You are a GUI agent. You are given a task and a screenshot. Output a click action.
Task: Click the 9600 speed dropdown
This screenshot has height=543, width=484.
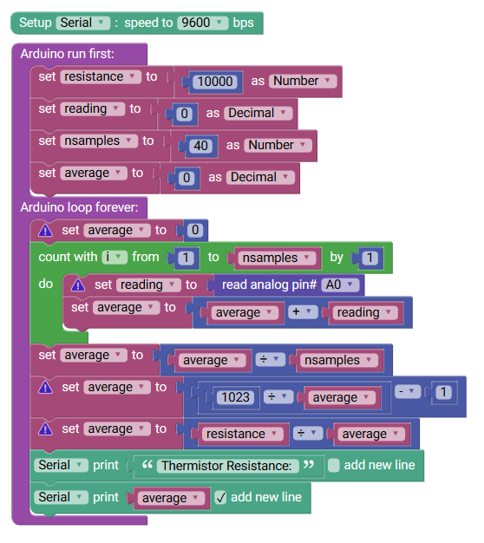202,23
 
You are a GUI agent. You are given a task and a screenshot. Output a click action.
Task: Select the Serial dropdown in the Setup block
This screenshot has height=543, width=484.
83,23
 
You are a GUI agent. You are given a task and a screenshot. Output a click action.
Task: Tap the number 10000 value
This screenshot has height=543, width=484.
215,82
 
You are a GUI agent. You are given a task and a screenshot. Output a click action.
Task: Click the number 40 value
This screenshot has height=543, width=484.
201,146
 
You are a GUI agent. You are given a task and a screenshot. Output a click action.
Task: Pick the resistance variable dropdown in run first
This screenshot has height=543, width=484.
101,76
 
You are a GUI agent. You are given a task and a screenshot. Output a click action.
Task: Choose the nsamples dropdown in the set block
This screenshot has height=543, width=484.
99,141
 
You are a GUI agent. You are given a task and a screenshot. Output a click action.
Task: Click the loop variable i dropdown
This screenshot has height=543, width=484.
114,257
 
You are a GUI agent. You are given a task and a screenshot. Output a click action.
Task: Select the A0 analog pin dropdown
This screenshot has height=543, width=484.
340,285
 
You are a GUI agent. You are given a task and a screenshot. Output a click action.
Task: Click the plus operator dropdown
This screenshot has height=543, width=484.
302,312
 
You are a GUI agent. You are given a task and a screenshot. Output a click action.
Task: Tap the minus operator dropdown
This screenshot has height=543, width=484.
408,392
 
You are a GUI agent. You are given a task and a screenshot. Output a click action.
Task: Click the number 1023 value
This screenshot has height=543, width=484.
235,397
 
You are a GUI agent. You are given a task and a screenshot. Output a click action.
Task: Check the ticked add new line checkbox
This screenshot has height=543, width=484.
220,498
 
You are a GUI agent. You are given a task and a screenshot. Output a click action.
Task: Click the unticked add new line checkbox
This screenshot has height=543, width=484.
334,466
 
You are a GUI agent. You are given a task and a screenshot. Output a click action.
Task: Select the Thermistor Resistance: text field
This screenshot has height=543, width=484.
227,466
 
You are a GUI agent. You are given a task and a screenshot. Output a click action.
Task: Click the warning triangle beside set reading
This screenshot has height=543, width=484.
78,285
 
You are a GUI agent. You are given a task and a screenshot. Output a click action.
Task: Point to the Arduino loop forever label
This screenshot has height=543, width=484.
79,207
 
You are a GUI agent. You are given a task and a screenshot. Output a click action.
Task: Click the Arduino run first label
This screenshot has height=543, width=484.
67,54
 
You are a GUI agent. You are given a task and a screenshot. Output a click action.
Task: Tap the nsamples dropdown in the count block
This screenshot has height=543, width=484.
277,258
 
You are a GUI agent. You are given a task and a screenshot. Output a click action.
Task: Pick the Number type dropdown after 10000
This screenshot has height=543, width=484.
303,81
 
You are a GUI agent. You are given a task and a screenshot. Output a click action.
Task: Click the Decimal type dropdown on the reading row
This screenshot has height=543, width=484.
258,114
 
